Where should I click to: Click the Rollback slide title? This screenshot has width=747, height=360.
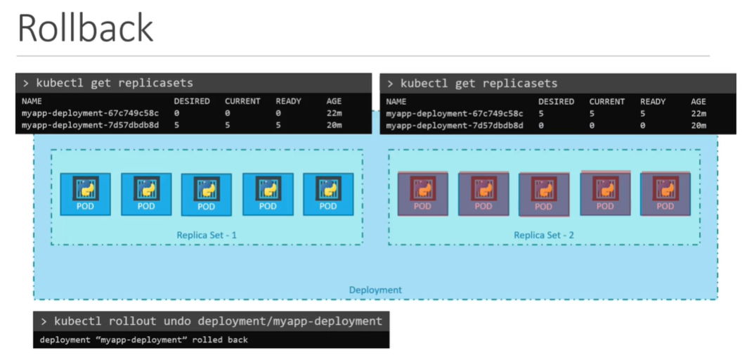tap(85, 28)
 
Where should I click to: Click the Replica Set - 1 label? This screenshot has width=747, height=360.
tap(206, 235)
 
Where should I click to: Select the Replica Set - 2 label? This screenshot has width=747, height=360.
tap(543, 235)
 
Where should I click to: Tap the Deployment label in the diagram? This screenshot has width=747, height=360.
tap(375, 290)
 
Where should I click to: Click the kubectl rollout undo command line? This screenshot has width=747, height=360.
tap(211, 321)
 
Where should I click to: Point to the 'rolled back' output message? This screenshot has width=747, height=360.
tap(144, 340)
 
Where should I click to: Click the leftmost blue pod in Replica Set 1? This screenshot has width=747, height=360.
tap(85, 193)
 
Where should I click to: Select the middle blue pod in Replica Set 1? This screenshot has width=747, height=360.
tap(206, 194)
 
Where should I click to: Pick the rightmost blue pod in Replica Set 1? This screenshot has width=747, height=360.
tap(328, 193)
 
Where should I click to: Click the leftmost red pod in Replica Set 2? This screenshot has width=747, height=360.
tap(422, 193)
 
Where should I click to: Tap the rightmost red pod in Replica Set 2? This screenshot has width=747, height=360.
tap(665, 193)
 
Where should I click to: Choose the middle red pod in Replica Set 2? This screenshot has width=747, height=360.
tap(543, 194)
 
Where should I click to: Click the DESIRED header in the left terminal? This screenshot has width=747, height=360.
tap(192, 101)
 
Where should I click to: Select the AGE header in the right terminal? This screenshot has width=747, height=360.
tap(698, 101)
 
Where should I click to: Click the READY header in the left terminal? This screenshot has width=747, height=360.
tap(288, 101)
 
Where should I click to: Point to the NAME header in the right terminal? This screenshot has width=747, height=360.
tap(396, 101)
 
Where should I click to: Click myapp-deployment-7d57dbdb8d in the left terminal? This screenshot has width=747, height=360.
tap(91, 125)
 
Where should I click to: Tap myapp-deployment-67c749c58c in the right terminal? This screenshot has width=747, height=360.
tap(455, 113)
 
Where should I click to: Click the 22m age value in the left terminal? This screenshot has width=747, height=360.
tap(334, 113)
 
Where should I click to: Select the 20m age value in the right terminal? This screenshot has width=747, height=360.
tap(698, 125)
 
